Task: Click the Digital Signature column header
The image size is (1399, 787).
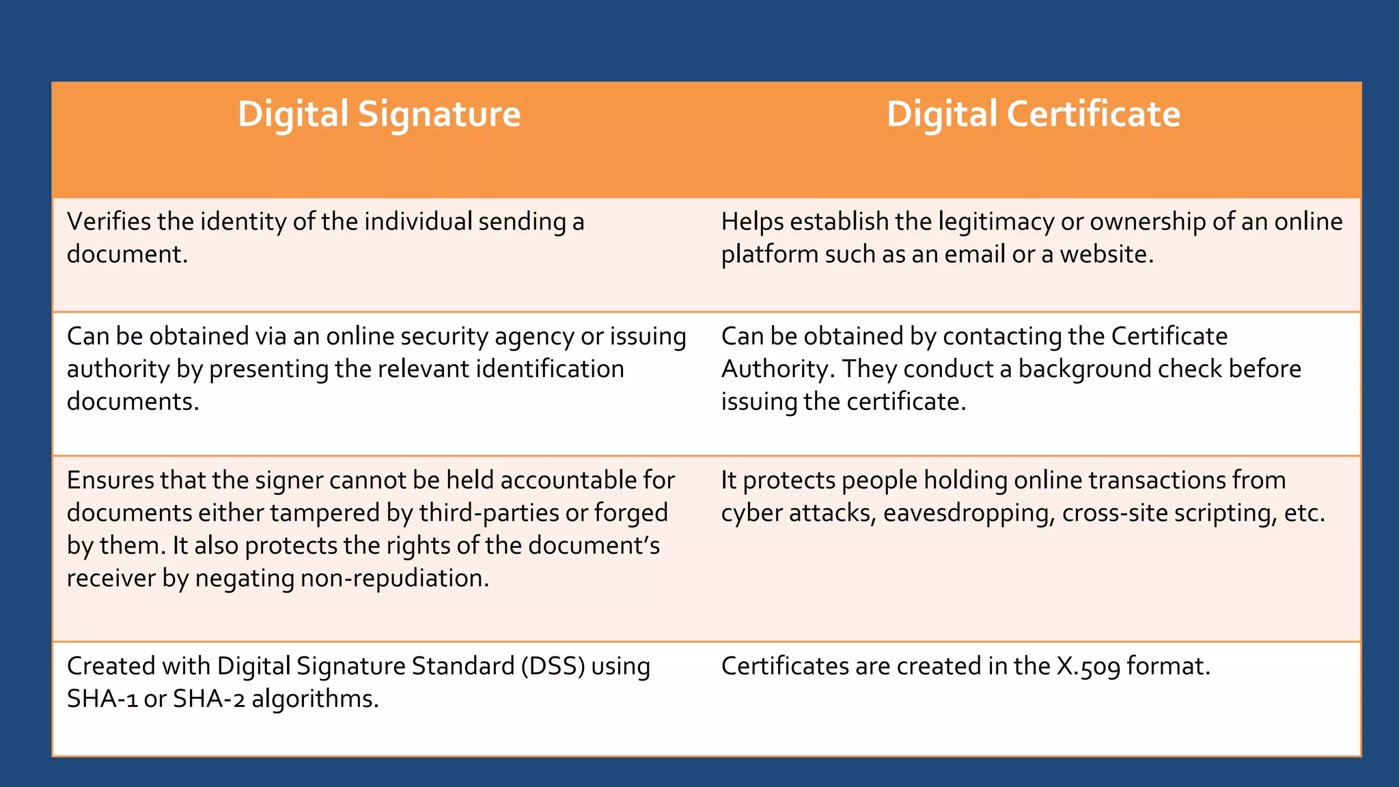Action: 379,114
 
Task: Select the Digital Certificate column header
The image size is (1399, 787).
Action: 1033,114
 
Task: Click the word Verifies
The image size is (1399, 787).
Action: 109,221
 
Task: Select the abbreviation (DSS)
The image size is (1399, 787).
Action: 553,666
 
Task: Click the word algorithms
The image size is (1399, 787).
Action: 315,699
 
